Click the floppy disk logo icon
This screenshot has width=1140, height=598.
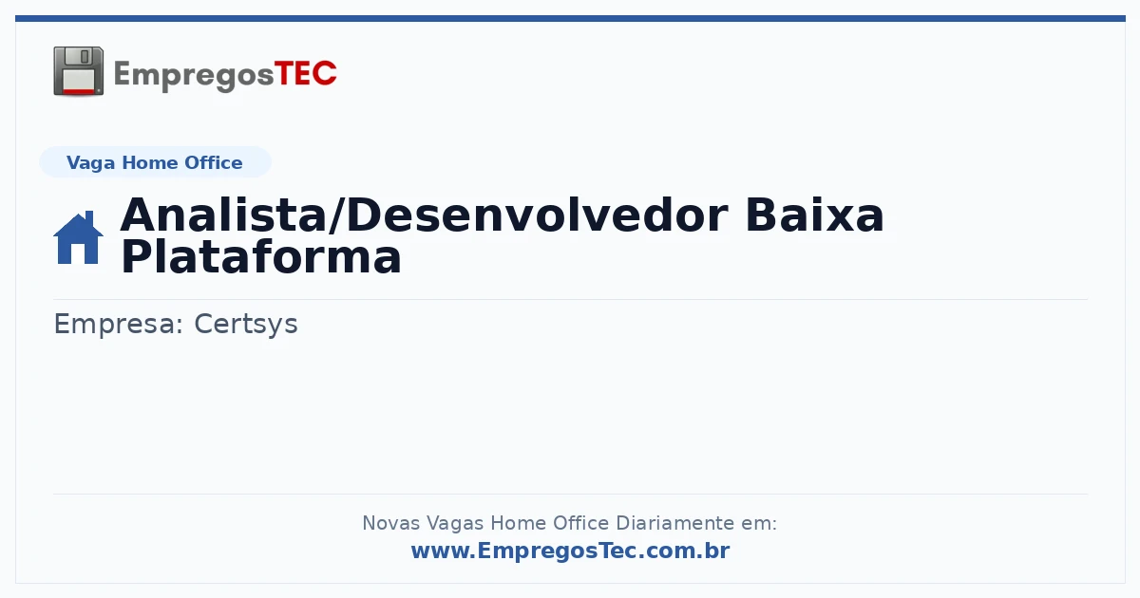coord(78,71)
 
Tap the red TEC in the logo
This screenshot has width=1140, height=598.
coord(305,74)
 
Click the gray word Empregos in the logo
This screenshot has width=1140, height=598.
coord(194,76)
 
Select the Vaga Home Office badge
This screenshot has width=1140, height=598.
coord(155,162)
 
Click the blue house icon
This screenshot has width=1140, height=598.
coord(78,237)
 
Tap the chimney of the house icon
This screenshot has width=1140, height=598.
coord(89,218)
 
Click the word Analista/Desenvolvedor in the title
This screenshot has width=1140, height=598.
coord(425,215)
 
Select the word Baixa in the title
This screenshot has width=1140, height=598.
coord(814,215)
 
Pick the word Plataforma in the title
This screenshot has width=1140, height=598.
coord(261,257)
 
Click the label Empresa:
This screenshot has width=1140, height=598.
coord(118,325)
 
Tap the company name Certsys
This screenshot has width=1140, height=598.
coord(246,325)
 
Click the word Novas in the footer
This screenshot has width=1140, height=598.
coord(390,523)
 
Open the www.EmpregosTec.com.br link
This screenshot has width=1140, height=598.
coord(571,551)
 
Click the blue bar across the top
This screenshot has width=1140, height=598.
coord(570,18)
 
